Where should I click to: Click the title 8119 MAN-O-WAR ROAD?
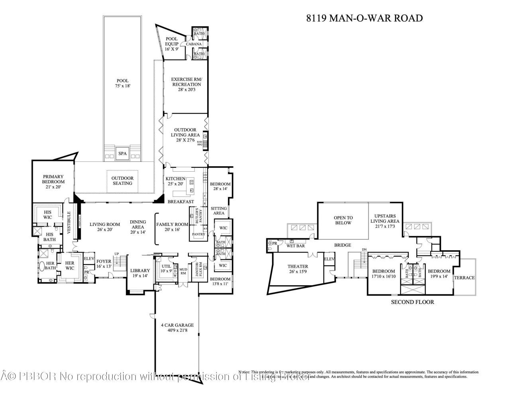[364, 18]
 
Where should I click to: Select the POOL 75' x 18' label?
[122, 83]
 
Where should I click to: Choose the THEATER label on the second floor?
[298, 269]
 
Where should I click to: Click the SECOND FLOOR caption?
[412, 302]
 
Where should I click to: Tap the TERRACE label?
[465, 278]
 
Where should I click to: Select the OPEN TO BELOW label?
[343, 220]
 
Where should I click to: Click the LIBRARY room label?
[140, 273]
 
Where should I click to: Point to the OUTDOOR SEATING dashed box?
[122, 181]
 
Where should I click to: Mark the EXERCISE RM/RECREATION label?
[186, 84]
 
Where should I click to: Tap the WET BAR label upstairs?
[296, 246]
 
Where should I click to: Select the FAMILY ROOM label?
[172, 227]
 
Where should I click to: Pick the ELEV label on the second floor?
[329, 259]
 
